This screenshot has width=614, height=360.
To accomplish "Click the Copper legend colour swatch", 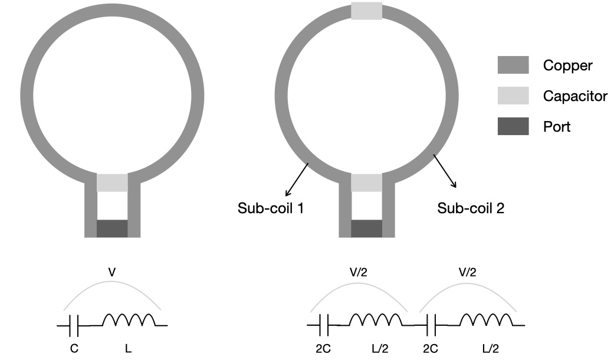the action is coord(513,65).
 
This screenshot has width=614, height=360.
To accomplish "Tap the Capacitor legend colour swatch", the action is coord(513,96).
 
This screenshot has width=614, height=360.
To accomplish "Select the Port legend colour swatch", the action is coord(513,126).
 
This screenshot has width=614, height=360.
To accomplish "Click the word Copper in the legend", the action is coord(567,66).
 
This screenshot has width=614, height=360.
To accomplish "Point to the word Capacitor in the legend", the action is coord(575,96).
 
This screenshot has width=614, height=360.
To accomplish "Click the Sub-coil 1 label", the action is coord(271,208).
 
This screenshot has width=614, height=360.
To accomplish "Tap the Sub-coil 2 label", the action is coord(471,208).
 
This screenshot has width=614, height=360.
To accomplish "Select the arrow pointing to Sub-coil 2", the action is coord(445,171).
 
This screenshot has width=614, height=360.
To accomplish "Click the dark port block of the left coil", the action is coord(113,228).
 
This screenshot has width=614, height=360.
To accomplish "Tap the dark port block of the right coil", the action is coord(366,228).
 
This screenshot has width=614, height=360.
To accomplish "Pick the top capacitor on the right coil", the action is coord(366,11).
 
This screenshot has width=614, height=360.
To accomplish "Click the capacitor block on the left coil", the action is coord(113,182).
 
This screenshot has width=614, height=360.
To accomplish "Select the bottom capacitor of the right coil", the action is coord(366,182).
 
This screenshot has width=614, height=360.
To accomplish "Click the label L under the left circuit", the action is coord(128,348).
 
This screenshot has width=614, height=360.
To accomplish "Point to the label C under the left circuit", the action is coord(74,348).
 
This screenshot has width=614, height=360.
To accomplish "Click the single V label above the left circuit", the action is coord(112,272).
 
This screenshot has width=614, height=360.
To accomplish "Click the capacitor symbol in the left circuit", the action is coord(74,325).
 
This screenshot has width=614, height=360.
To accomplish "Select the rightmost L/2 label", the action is coord(490,348).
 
